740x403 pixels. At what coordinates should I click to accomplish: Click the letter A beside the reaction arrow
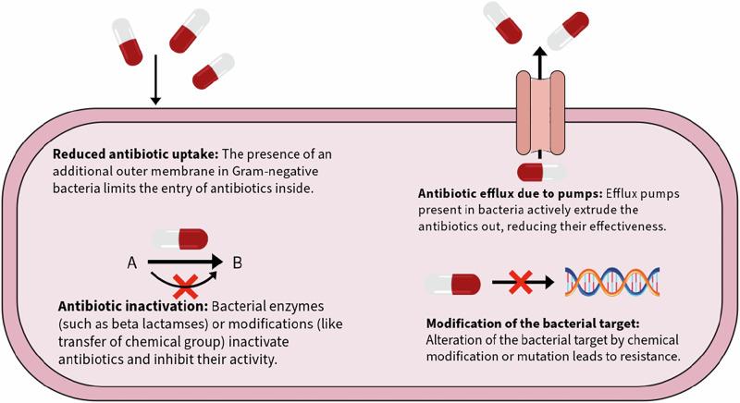point(133,263)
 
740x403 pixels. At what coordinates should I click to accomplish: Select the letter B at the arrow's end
point(238,263)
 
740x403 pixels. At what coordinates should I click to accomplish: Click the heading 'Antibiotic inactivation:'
point(117,305)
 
